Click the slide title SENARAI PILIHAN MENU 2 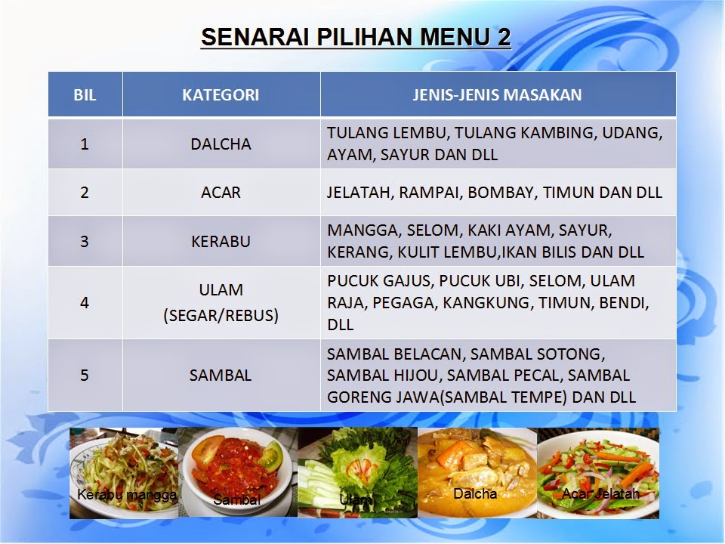[355, 37]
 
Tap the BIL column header [85, 95]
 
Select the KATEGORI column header [221, 95]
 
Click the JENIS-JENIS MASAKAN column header [497, 95]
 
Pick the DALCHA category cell [221, 144]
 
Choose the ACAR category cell [221, 192]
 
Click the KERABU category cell [221, 242]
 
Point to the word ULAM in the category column [221, 290]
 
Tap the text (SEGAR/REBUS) [221, 315]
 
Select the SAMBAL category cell [221, 376]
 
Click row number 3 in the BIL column [85, 242]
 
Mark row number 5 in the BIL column [85, 376]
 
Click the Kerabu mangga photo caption [127, 495]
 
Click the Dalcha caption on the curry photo [475, 494]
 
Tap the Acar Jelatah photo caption [601, 493]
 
